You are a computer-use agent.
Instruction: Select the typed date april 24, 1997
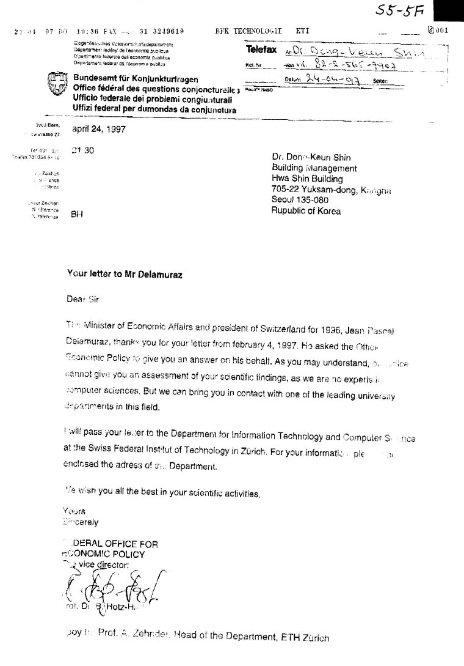[98, 129]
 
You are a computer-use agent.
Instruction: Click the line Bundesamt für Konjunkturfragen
[136, 79]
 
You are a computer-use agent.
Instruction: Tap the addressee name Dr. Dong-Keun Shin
[315, 157]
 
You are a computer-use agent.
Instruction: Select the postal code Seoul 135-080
[300, 200]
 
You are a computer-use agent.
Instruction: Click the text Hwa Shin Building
[307, 179]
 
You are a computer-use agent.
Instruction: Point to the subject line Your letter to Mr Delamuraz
[125, 275]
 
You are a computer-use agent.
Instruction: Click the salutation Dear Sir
[82, 299]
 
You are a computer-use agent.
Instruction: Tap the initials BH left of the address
[77, 214]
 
